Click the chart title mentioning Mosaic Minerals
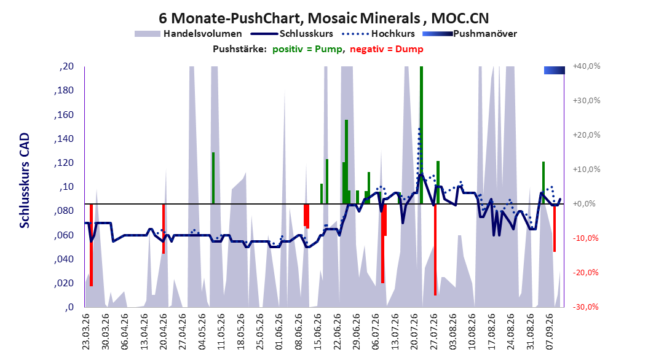pyautogui.click(x=323, y=18)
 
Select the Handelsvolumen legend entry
pyautogui.click(x=189, y=34)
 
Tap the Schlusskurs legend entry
pyautogui.click(x=292, y=34)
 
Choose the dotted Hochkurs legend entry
pyautogui.click(x=379, y=34)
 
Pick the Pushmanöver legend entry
pyautogui.click(x=470, y=34)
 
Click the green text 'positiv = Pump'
pyautogui.click(x=307, y=49)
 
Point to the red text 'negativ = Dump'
pyautogui.click(x=387, y=49)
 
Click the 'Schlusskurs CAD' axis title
pyautogui.click(x=25, y=181)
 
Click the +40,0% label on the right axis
pyautogui.click(x=587, y=66)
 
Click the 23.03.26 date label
pyautogui.click(x=86, y=332)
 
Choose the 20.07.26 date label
pyautogui.click(x=414, y=332)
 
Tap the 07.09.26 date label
pyautogui.click(x=549, y=332)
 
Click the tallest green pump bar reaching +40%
pyautogui.click(x=421, y=135)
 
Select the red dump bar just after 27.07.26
pyautogui.click(x=435, y=249)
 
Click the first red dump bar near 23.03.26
pyautogui.click(x=92, y=245)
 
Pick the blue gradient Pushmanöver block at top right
pyautogui.click(x=554, y=71)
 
